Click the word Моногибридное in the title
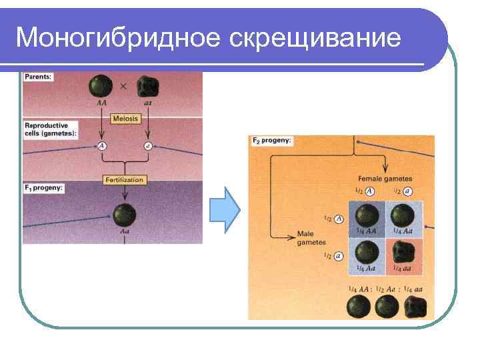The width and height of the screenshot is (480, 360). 119,38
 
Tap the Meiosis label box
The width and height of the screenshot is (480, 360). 125,118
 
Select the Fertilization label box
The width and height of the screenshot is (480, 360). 125,179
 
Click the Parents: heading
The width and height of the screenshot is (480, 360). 39,77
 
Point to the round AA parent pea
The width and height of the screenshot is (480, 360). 102,87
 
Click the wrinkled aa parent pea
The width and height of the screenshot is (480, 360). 147,87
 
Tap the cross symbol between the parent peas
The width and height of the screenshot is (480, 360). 124,86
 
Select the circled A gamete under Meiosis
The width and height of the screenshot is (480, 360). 102,145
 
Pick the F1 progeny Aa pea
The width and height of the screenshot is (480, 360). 124,215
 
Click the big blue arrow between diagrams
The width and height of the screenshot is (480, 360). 225,209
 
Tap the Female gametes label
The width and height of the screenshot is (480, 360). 385,179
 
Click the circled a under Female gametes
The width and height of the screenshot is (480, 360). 407,191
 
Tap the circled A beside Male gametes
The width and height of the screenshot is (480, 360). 339,219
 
